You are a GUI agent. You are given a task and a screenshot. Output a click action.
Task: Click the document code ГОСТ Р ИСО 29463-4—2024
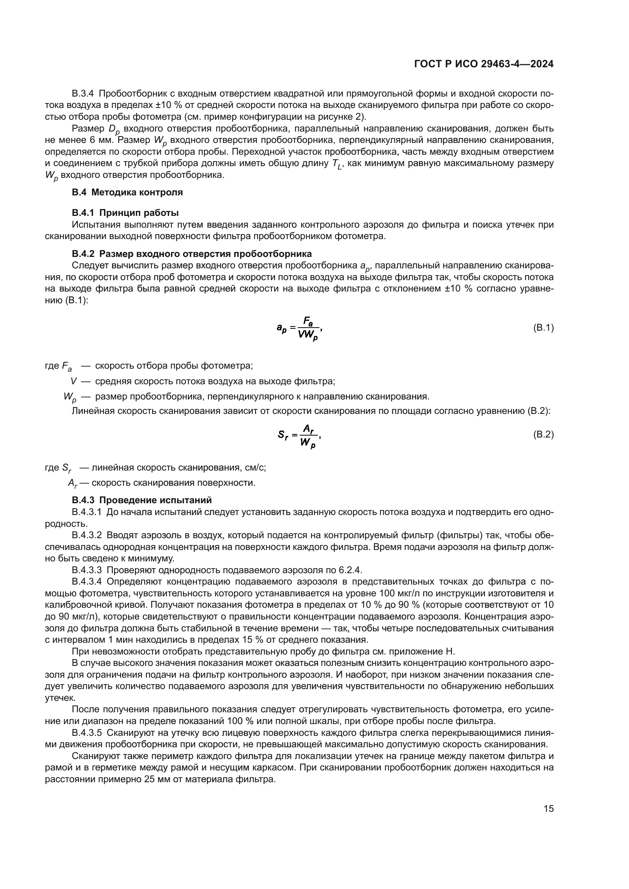pyautogui.click(x=483, y=64)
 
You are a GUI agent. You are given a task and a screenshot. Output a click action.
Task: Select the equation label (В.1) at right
pyautogui.click(x=543, y=328)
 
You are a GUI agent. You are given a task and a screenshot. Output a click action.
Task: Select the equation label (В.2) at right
pyautogui.click(x=543, y=434)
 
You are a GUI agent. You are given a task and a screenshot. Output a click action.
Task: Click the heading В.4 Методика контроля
pyautogui.click(x=127, y=192)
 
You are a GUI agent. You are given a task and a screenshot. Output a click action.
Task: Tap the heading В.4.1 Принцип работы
pyautogui.click(x=125, y=212)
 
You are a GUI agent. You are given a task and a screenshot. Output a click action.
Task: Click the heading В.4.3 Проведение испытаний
pyautogui.click(x=141, y=500)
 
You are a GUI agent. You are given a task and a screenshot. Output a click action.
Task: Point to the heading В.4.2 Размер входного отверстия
pyautogui.click(x=191, y=254)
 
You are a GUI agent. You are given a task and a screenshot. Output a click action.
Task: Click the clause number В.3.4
pyautogui.click(x=83, y=94)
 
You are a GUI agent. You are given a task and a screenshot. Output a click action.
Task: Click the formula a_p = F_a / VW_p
pyautogui.click(x=299, y=329)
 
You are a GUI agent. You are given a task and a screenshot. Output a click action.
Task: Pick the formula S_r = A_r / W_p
pyautogui.click(x=299, y=435)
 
